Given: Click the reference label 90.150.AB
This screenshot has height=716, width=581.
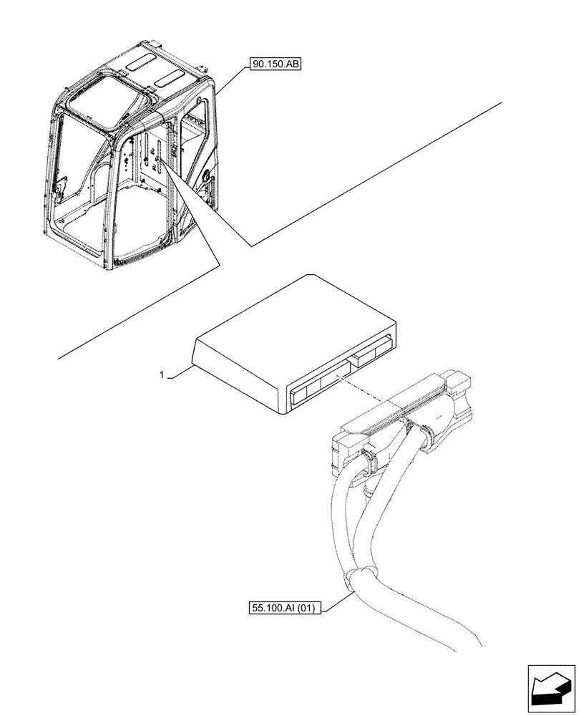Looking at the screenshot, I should (x=275, y=65).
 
